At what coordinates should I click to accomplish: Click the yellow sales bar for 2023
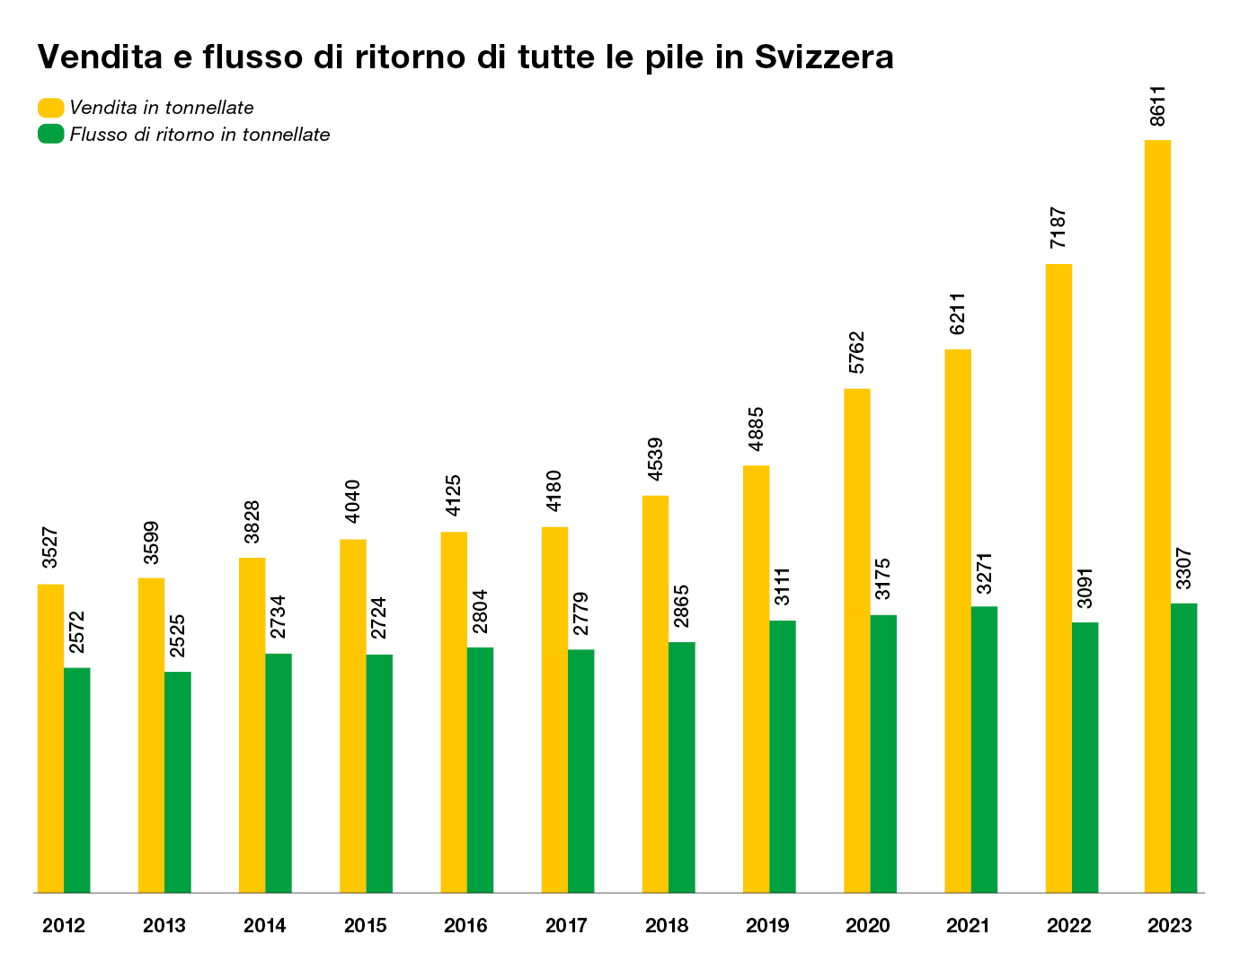(1157, 516)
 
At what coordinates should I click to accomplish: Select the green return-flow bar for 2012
(77, 780)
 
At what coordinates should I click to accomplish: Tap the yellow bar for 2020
(856, 640)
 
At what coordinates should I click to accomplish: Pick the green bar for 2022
(1085, 757)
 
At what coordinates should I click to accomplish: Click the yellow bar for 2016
(454, 712)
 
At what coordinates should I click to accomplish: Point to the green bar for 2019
(783, 756)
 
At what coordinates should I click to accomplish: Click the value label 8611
(1158, 106)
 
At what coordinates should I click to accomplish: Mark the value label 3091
(1085, 589)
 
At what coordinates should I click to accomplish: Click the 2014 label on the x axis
(265, 926)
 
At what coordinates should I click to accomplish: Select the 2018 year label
(667, 926)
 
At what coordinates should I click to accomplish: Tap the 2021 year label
(969, 926)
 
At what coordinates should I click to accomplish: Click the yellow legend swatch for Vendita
(50, 108)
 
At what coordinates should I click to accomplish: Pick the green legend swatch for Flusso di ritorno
(50, 135)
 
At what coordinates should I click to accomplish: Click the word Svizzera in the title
(824, 57)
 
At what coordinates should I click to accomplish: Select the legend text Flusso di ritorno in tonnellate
(199, 135)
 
